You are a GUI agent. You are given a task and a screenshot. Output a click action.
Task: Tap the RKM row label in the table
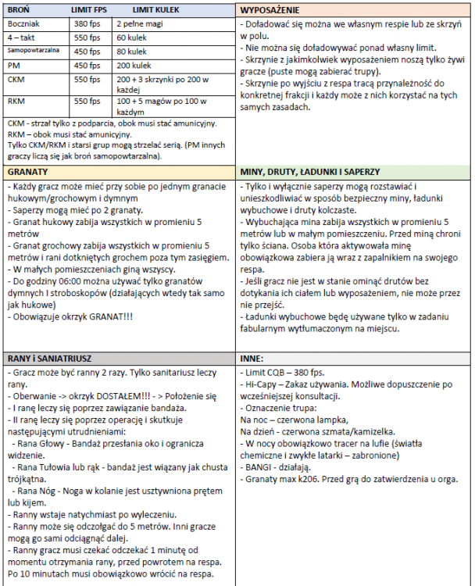tap(17, 101)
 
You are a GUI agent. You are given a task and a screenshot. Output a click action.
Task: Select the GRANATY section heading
tap(28, 171)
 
